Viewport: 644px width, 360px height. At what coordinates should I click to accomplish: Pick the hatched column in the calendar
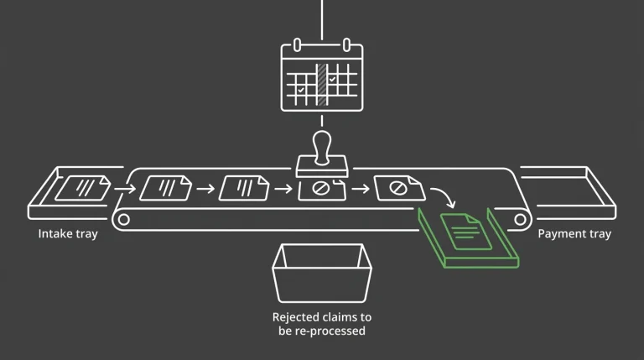click(x=322, y=85)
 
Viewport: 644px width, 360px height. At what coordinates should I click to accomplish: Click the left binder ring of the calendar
click(x=298, y=44)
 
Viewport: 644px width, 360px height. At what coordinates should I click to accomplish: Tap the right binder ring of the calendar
click(x=346, y=44)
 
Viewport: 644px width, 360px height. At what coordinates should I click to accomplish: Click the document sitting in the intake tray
click(x=83, y=188)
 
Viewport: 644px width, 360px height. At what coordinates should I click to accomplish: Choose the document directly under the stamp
click(x=322, y=190)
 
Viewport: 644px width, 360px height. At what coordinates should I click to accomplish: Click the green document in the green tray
click(x=466, y=232)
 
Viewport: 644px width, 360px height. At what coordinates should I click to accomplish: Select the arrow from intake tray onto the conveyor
click(x=125, y=189)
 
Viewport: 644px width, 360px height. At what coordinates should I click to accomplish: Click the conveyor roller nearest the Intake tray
click(x=123, y=220)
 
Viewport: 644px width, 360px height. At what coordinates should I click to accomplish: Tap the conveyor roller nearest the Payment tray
click(x=520, y=220)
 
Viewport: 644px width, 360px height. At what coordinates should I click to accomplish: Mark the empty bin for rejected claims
click(x=322, y=274)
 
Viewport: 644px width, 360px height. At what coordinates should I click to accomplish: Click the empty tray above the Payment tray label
click(x=568, y=192)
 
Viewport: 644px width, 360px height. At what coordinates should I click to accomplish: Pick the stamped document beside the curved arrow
click(x=399, y=188)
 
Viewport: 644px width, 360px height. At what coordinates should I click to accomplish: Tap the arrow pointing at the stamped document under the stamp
click(x=283, y=189)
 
